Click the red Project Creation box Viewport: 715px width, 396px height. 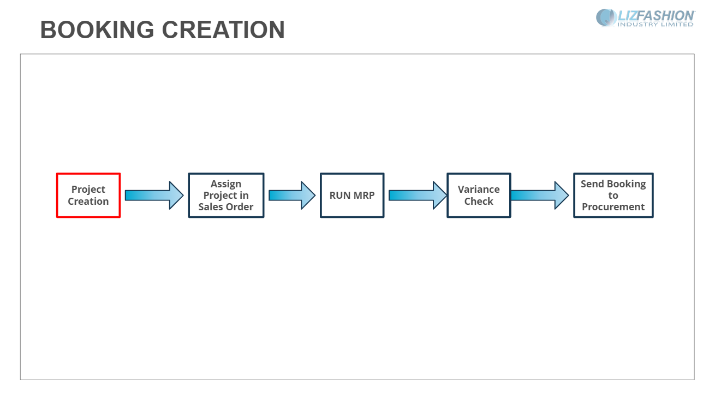click(x=88, y=196)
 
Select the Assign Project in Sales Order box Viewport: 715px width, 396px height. click(x=226, y=196)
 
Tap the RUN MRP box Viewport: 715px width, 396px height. click(x=352, y=196)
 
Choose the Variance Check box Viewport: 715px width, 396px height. click(x=479, y=196)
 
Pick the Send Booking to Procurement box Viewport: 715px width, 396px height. click(x=613, y=196)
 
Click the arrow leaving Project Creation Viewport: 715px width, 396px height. click(x=154, y=196)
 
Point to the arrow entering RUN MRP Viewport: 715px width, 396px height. click(x=292, y=196)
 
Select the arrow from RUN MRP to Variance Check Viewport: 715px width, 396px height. click(x=418, y=196)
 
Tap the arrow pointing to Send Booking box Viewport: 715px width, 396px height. click(x=540, y=196)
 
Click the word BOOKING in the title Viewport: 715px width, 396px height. click(x=97, y=29)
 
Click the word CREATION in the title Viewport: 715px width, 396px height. click(x=223, y=29)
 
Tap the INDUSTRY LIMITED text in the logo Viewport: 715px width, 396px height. click(x=656, y=25)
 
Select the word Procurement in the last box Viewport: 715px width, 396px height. click(x=613, y=207)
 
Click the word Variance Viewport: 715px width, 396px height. click(x=479, y=190)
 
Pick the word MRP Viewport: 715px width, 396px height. click(x=364, y=196)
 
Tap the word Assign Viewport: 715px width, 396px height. click(x=226, y=184)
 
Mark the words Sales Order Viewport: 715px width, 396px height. click(x=226, y=207)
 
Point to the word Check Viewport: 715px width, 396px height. click(x=479, y=202)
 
